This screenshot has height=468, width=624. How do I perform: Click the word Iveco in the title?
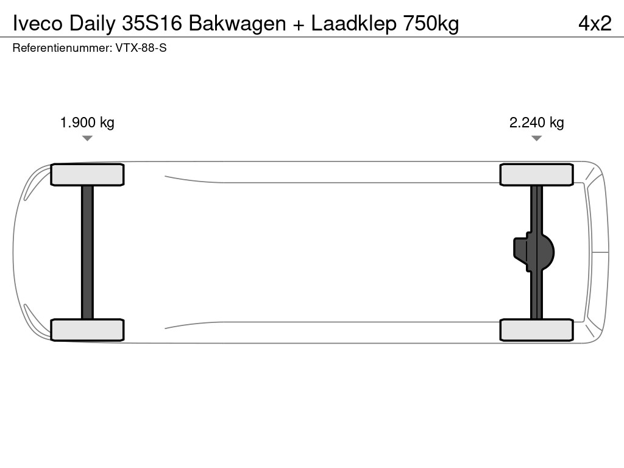pos(37,23)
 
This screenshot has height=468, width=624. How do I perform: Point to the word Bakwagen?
pos(237,23)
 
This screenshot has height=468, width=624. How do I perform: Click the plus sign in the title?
pos(298,24)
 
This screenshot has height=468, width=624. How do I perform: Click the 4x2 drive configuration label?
pos(595,23)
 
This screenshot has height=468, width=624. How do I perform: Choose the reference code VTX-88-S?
pos(141,48)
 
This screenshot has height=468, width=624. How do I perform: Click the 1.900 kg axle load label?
pos(87,122)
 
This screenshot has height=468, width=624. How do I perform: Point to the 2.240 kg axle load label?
pos(536,122)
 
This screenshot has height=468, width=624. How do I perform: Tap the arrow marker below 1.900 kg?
pos(87,138)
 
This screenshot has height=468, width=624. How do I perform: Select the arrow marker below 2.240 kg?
pos(536,138)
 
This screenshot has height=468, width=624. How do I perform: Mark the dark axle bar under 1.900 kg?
pos(87,252)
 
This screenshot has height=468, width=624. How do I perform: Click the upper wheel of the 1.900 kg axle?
pos(87,175)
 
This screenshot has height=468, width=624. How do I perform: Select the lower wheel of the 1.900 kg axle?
pos(87,330)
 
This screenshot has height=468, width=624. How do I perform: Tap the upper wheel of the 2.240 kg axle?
pos(536,175)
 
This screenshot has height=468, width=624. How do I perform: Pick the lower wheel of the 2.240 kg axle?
pos(536,330)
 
